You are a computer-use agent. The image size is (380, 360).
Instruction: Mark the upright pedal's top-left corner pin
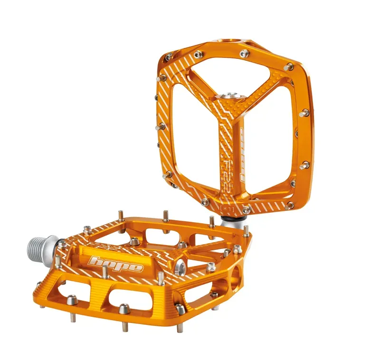pos(168,57)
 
